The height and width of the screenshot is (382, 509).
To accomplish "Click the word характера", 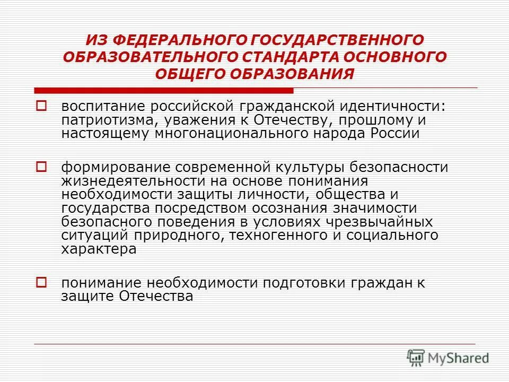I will [x=99, y=249].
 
